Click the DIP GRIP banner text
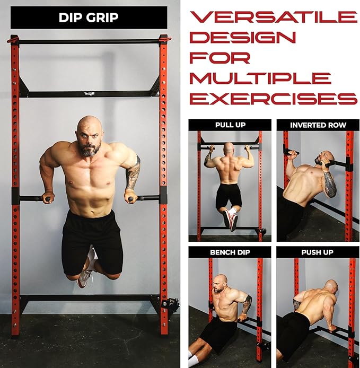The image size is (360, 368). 89,17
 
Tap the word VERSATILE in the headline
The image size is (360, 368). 274,17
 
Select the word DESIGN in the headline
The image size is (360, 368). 242,37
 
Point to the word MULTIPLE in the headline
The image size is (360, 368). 260,78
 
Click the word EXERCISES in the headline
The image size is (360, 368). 274,99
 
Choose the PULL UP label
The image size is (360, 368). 230,125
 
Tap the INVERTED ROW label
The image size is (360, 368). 318,125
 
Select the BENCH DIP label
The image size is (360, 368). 230,252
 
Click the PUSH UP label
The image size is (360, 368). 317,252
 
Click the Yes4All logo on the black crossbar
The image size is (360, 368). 89,94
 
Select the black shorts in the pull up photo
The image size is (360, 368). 229,196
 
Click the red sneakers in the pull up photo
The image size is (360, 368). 230,220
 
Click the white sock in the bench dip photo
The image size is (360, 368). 194,360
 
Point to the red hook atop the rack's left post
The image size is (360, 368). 13,39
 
